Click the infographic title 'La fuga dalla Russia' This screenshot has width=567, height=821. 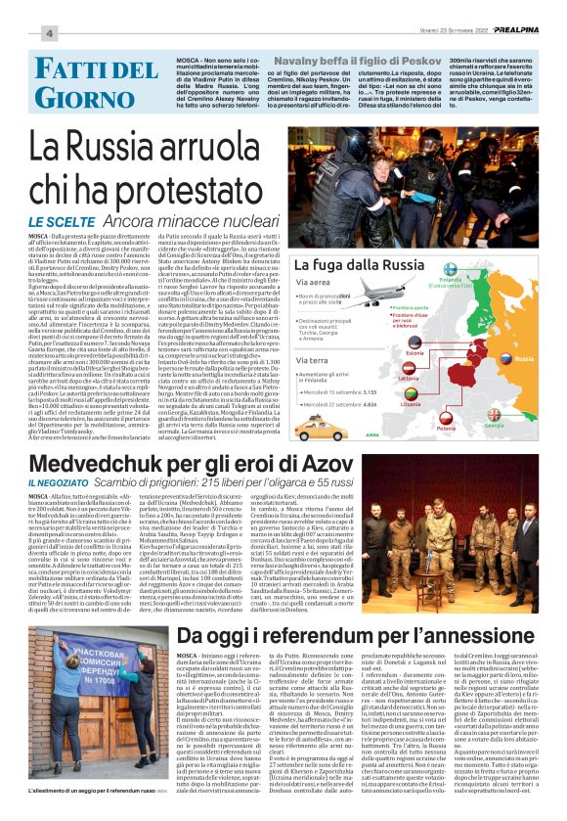point(357,265)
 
